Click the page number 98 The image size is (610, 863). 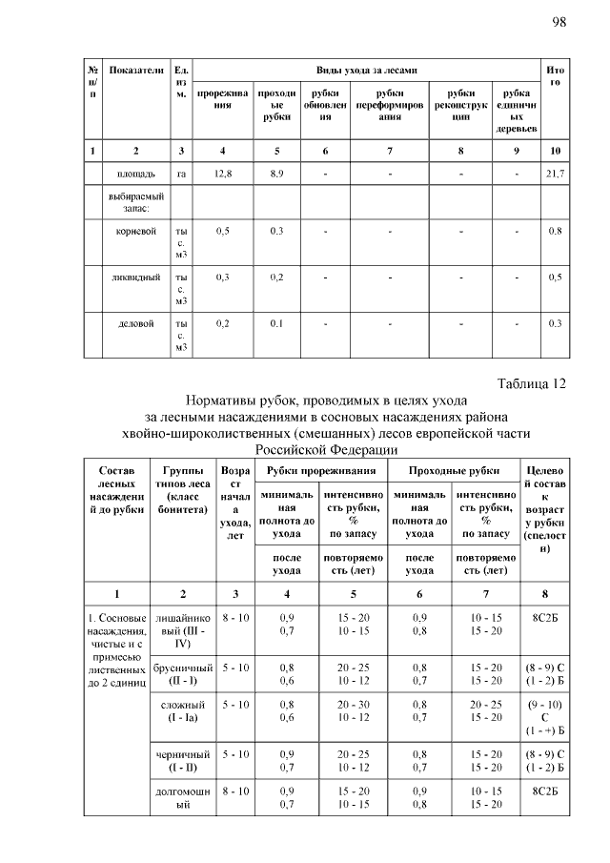pos(559,21)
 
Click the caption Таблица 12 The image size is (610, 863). pos(532,383)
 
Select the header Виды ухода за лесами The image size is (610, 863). pos(365,72)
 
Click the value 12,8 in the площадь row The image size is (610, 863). pos(223,174)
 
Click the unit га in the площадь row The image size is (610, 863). pos(181,174)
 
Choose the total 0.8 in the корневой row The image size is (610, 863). pos(555,231)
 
